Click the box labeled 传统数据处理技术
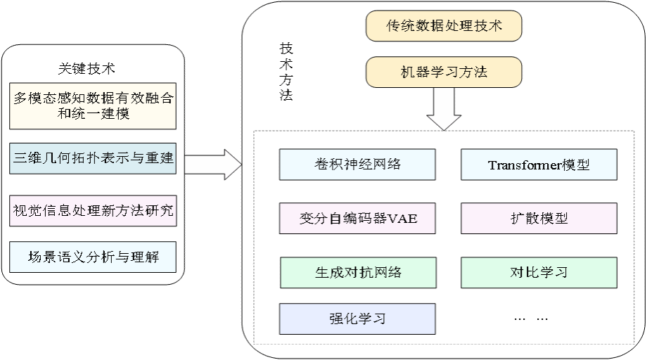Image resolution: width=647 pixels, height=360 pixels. [x=444, y=27]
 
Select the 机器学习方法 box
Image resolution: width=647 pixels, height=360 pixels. [x=444, y=72]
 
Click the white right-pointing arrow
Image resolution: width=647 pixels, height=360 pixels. [x=213, y=165]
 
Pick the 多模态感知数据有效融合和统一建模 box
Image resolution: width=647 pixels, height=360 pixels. [x=92, y=106]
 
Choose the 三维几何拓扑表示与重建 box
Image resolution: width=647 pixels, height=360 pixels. [x=92, y=158]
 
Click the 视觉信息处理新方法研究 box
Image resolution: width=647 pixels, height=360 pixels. [x=92, y=211]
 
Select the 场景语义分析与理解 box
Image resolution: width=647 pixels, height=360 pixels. [x=92, y=257]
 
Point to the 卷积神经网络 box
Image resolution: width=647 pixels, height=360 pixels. [x=357, y=165]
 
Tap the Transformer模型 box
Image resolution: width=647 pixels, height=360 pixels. [x=539, y=165]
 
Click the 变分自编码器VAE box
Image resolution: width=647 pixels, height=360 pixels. [x=357, y=219]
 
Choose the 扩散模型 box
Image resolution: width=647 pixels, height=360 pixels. [x=539, y=219]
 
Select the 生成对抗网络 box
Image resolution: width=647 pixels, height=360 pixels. [x=357, y=272]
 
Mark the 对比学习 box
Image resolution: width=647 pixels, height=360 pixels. [x=539, y=272]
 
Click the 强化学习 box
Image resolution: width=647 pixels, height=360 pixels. [x=357, y=319]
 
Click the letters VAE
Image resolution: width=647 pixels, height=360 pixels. [x=403, y=219]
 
